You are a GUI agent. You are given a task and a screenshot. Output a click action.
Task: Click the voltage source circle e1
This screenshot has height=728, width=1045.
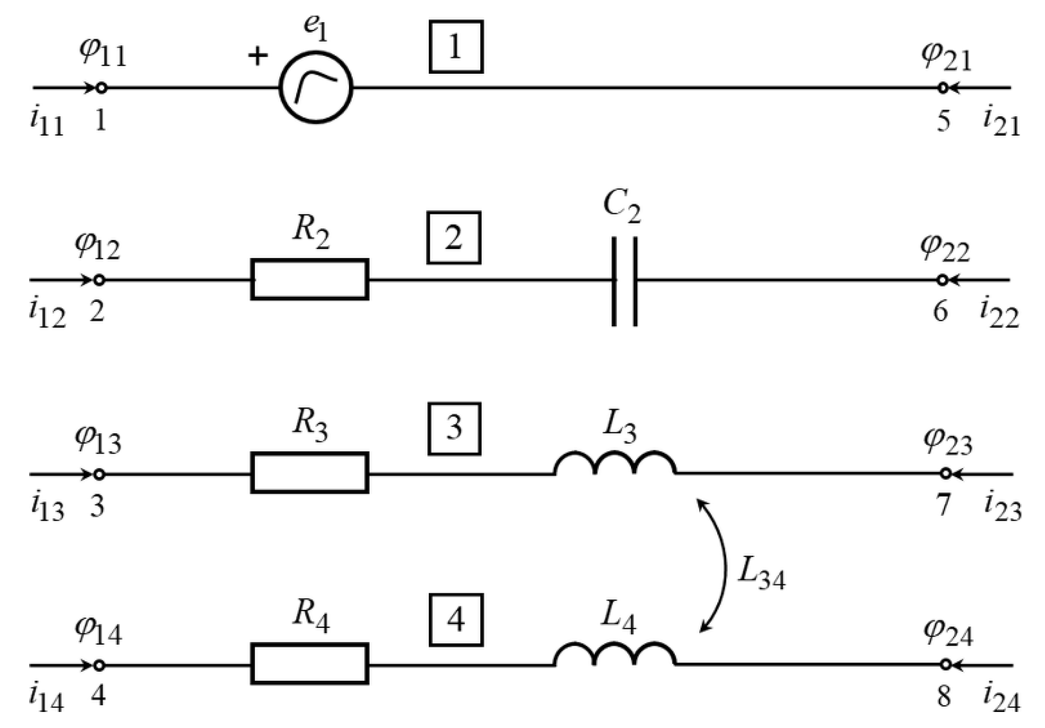[x=315, y=87]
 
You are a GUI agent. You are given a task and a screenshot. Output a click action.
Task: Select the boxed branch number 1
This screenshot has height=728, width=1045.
[x=456, y=47]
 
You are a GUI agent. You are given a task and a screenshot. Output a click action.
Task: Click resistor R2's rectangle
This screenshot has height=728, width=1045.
[x=309, y=279]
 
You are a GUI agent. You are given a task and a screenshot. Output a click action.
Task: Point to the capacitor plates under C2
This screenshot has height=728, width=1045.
[x=624, y=281]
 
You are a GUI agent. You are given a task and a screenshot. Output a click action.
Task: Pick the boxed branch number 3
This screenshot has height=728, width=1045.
[x=454, y=428]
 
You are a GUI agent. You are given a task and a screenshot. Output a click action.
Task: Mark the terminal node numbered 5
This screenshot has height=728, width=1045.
[x=943, y=88]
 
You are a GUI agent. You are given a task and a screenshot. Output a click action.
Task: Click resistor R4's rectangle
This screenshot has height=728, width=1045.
[x=309, y=663]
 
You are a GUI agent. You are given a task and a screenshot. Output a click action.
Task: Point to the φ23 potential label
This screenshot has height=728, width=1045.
[x=947, y=442]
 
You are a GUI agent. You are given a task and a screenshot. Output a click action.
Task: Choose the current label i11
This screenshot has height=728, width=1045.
[x=46, y=121]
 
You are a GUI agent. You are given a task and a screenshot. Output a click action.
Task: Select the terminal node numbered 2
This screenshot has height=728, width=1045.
[x=98, y=280]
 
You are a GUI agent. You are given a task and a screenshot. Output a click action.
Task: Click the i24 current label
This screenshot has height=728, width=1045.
[x=1002, y=698]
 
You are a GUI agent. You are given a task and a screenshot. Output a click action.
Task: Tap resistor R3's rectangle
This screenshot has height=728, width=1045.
[x=309, y=472]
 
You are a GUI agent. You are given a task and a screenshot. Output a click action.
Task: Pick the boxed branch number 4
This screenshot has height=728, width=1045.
[x=456, y=620]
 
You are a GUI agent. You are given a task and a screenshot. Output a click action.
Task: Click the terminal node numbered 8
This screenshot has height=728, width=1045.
[x=945, y=665]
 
